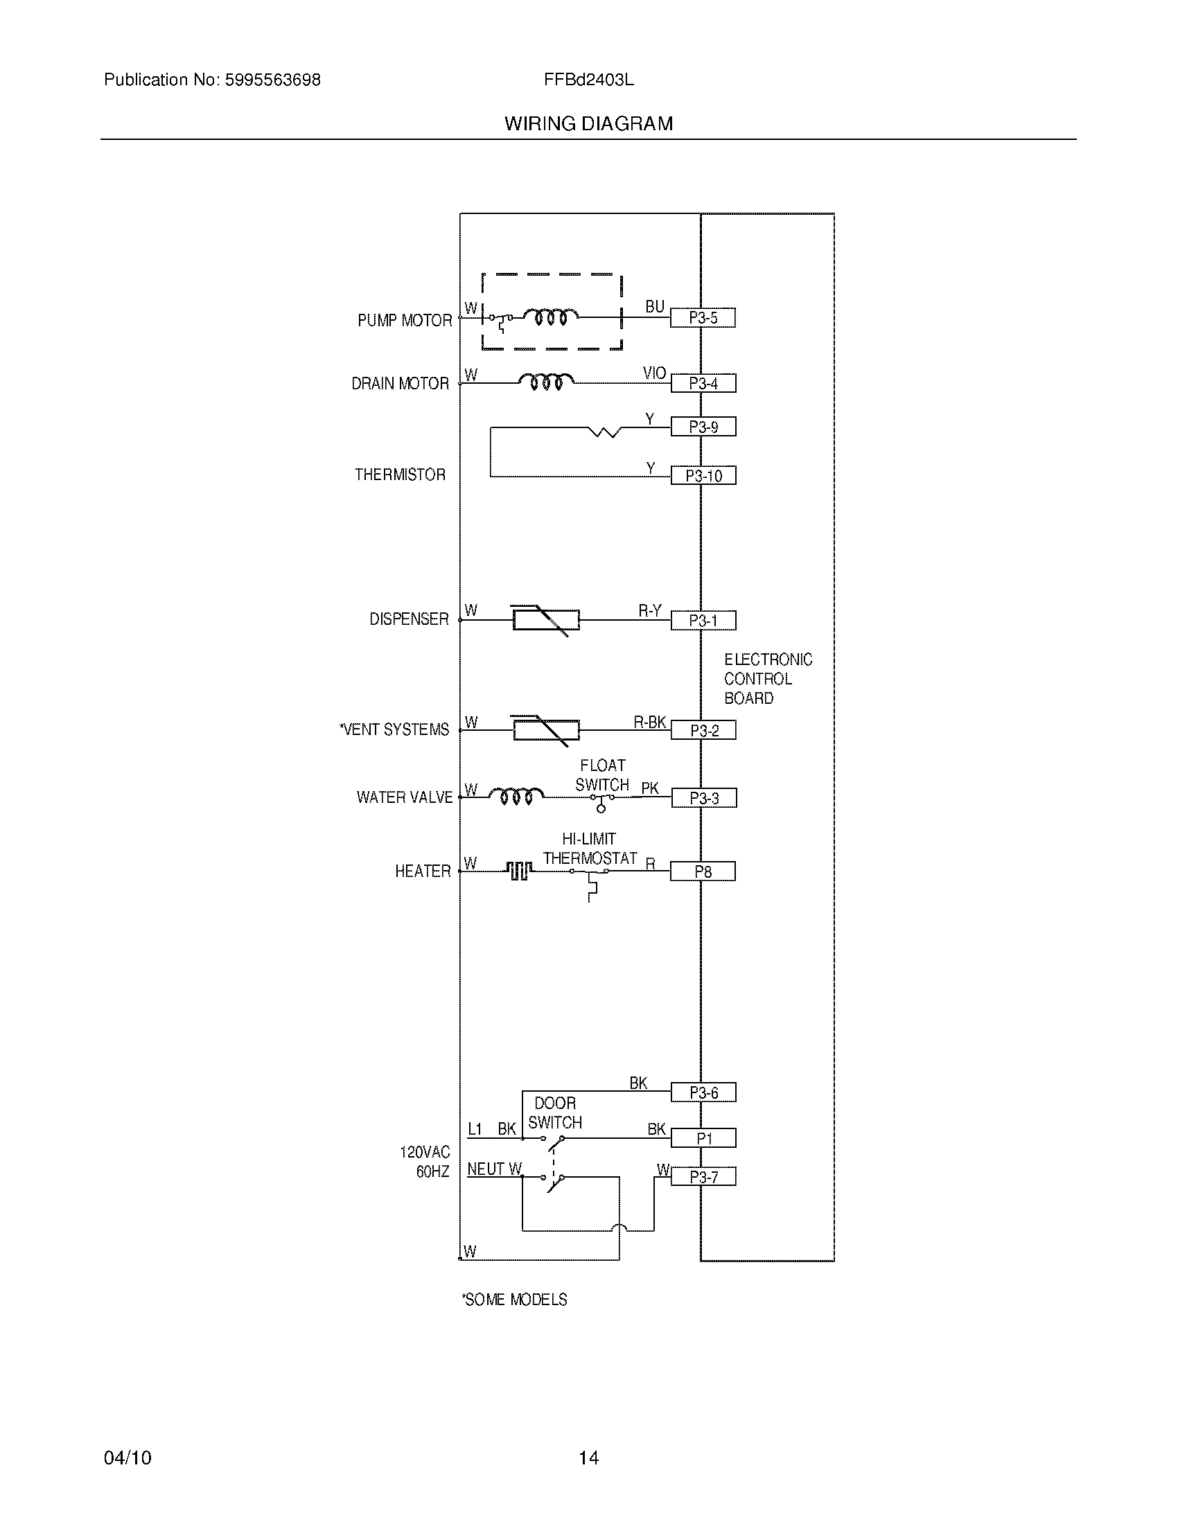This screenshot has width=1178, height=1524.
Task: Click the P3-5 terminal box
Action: pos(703,318)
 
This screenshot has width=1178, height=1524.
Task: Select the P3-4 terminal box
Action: pos(703,383)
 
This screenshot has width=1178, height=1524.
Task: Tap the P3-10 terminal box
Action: pos(703,476)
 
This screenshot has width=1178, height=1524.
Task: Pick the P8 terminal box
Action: pos(703,871)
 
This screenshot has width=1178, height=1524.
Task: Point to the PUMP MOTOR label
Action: pos(405,320)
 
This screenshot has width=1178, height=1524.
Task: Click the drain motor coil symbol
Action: pos(546,381)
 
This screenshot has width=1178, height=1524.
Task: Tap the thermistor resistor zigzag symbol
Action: pos(605,432)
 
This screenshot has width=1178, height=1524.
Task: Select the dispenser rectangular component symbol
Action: pos(546,620)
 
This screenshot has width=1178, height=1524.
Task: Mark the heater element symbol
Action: pos(518,870)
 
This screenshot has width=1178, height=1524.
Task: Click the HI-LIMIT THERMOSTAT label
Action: pos(590,849)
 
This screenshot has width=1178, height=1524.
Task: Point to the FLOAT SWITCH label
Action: pos(602,775)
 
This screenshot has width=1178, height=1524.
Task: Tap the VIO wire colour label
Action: pos(654,373)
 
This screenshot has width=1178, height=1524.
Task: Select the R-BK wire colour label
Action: pos(649,723)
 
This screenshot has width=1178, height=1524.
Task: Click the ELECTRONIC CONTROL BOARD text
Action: pos(768,679)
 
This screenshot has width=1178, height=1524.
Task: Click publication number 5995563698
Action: pos(272,80)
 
